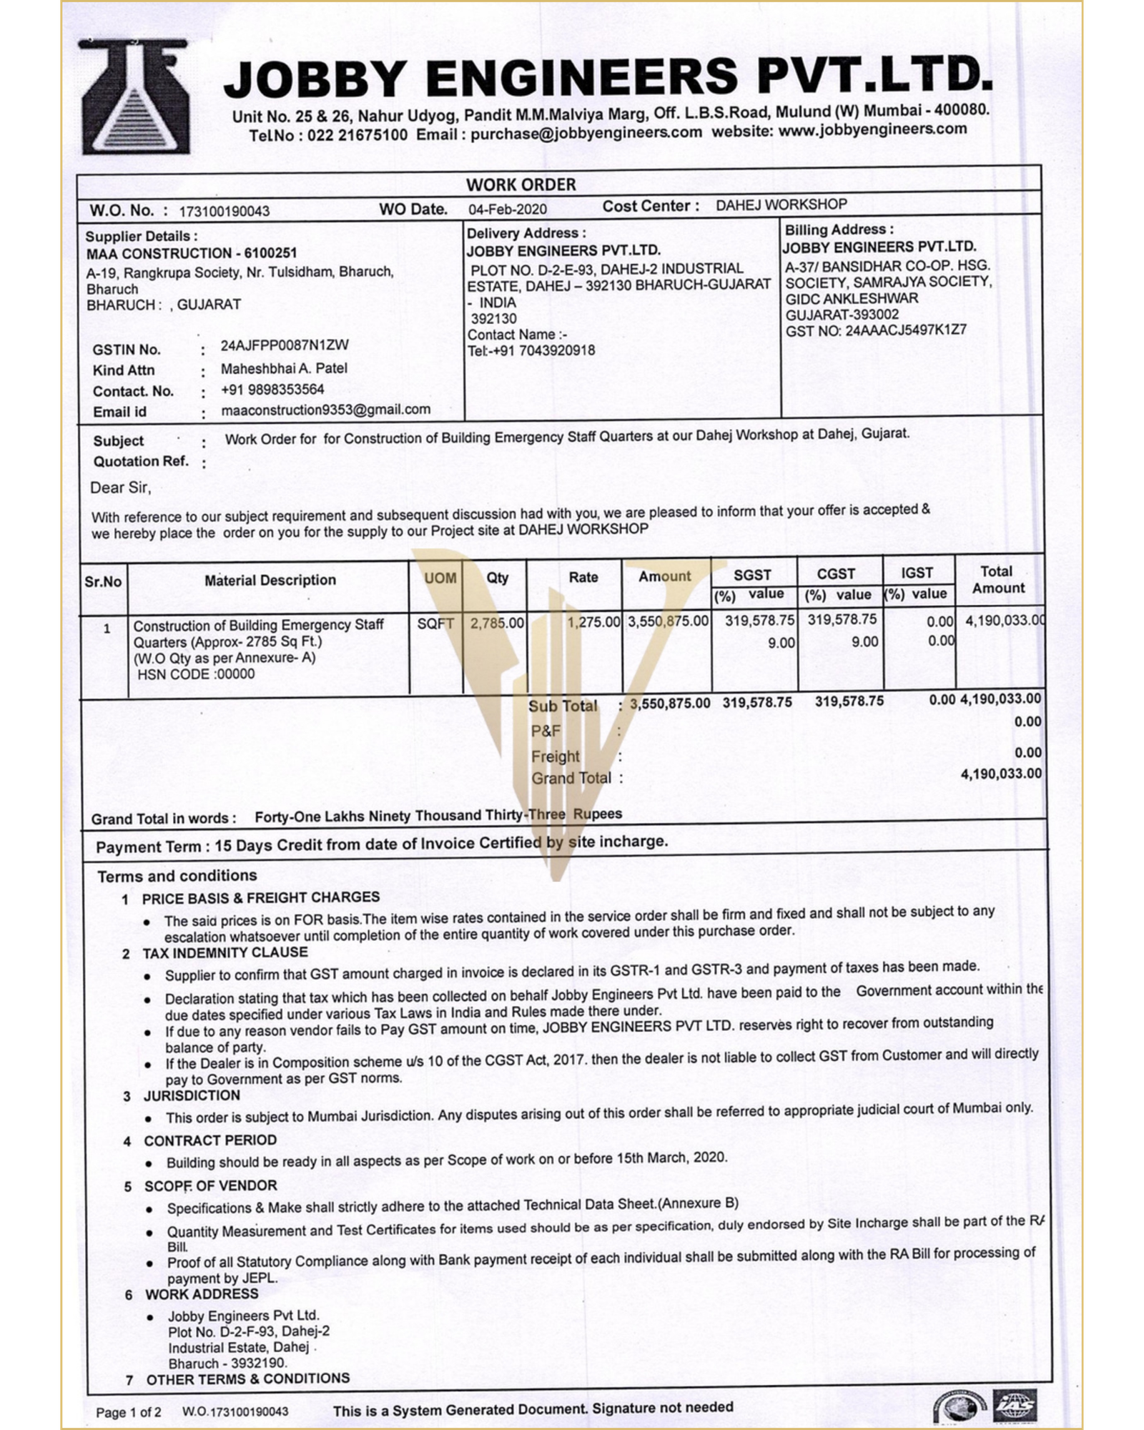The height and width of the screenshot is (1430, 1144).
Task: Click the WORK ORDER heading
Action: [x=521, y=184]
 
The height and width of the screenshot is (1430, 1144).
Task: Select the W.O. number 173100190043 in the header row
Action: [x=225, y=212]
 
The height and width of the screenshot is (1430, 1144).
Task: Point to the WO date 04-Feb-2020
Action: [x=508, y=209]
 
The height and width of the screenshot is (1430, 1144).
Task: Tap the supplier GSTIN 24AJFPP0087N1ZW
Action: [x=285, y=345]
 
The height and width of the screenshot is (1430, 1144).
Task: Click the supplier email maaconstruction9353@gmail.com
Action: [x=326, y=410]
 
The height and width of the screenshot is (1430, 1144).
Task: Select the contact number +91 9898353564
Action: [x=272, y=390]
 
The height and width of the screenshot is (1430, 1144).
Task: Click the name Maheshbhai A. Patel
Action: [x=284, y=369]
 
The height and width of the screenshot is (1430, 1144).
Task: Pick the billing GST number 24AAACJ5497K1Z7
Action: [x=876, y=330]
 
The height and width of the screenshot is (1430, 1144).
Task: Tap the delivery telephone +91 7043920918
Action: [x=531, y=350]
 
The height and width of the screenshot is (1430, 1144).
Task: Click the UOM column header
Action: [x=440, y=578]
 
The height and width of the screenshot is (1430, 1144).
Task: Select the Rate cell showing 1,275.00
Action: [x=593, y=622]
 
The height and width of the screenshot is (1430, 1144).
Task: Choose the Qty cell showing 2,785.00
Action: [x=497, y=623]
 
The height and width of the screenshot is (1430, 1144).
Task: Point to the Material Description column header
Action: [x=270, y=580]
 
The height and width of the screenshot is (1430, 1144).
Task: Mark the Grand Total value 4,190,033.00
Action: [x=1001, y=774]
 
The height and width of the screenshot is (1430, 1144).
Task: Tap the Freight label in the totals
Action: [x=555, y=756]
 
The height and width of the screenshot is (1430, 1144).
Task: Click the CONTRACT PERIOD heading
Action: [x=210, y=1140]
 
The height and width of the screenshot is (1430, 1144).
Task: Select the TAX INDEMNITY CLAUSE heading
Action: [x=225, y=952]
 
